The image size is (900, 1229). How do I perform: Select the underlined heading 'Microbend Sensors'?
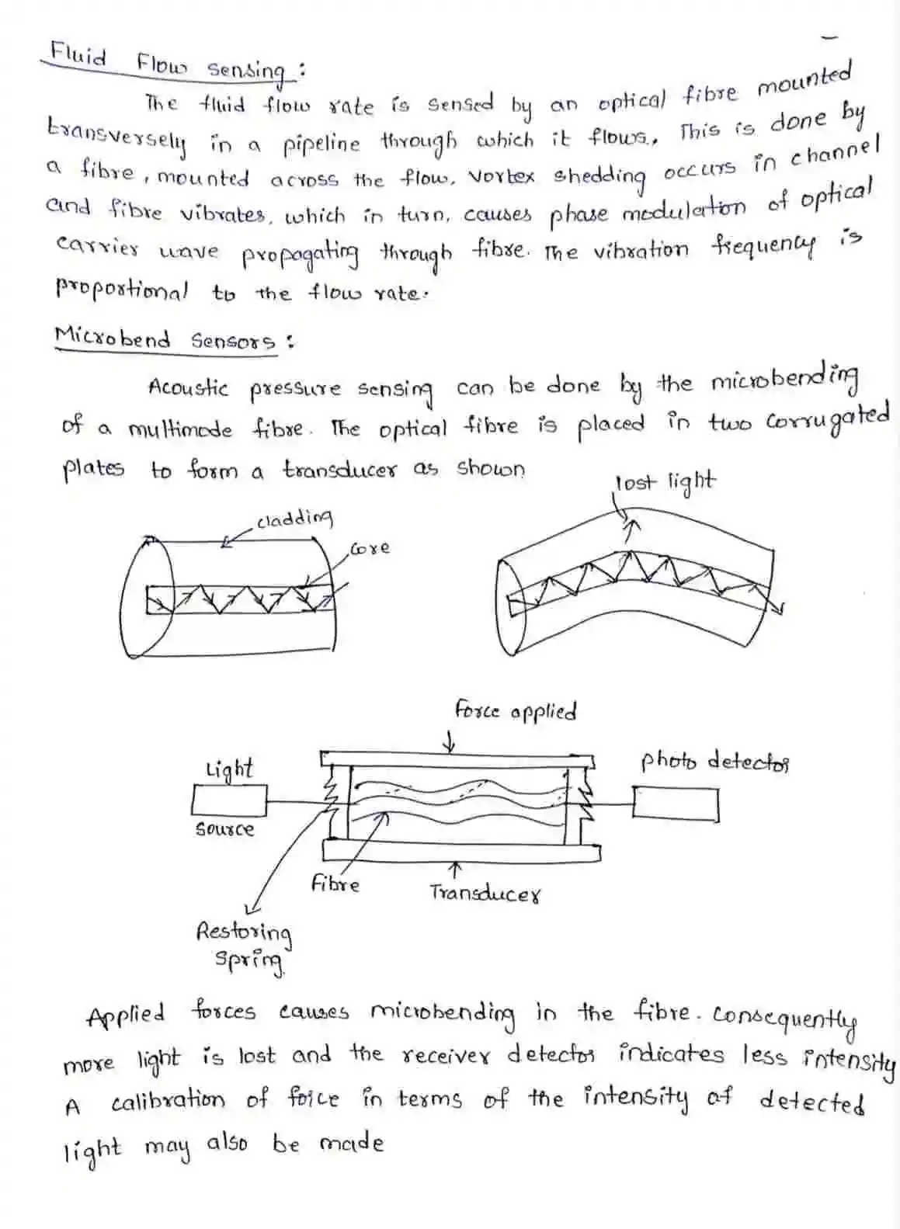coord(165,340)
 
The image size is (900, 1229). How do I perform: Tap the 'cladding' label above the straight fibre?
coord(294,518)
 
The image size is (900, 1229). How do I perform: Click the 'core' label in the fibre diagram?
coord(370,548)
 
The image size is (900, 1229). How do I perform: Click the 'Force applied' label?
coord(515,710)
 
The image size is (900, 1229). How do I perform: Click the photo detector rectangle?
coord(675,804)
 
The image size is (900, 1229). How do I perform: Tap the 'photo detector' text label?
coord(714,761)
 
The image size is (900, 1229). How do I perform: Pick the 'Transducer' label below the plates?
coord(485,894)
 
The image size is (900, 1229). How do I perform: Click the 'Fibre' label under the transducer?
coord(335,884)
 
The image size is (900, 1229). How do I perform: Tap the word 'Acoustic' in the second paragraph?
coord(188,387)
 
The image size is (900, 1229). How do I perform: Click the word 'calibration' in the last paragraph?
coord(168,1101)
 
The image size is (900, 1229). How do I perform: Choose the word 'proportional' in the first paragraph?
coord(121,291)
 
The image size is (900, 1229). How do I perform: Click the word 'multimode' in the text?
coord(179,429)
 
